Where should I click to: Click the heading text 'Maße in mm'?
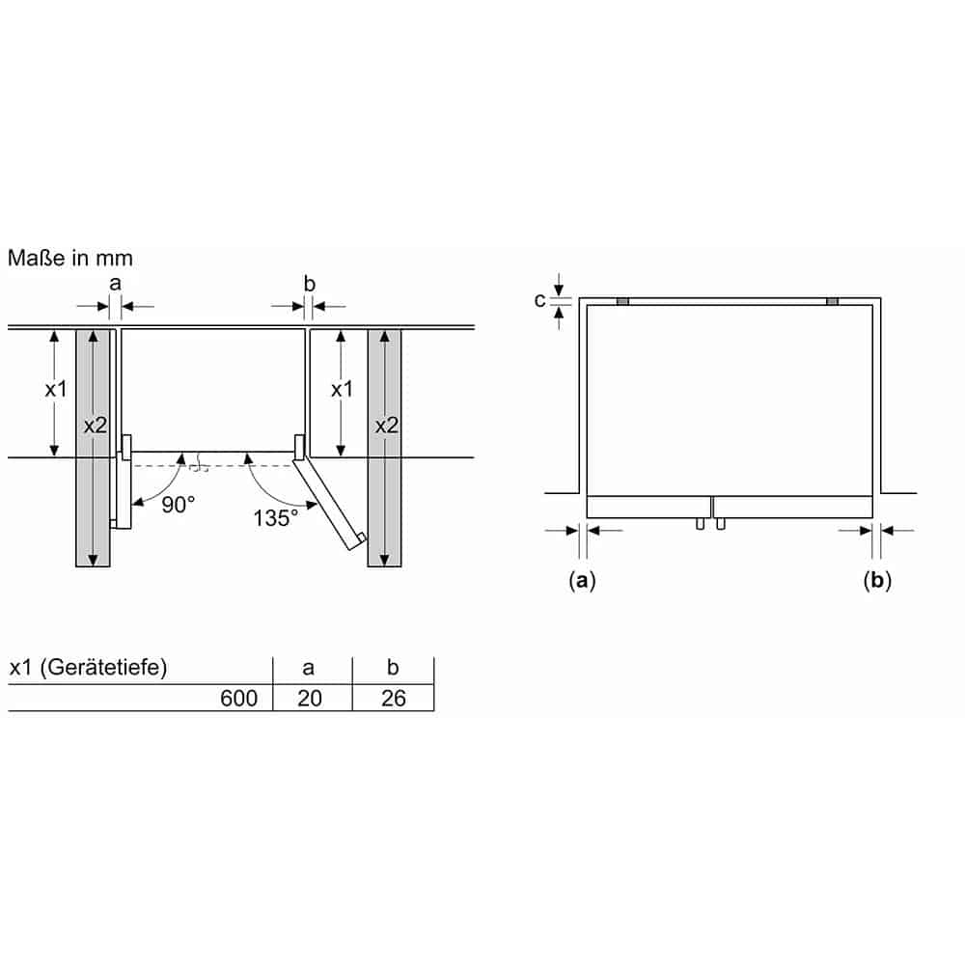(x=70, y=259)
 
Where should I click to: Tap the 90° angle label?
(x=179, y=505)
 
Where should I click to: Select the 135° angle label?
(x=276, y=518)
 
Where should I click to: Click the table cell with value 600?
(x=239, y=699)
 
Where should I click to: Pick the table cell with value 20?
(x=310, y=699)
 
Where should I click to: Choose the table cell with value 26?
(x=394, y=699)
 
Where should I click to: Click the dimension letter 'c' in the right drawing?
(x=540, y=300)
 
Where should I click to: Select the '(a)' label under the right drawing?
(x=583, y=580)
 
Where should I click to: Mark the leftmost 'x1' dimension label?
(x=56, y=390)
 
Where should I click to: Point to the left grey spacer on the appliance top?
(x=622, y=302)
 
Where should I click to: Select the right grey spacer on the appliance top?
(x=833, y=302)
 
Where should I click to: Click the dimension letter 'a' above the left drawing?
(x=116, y=284)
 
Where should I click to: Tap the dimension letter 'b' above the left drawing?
(x=310, y=284)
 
